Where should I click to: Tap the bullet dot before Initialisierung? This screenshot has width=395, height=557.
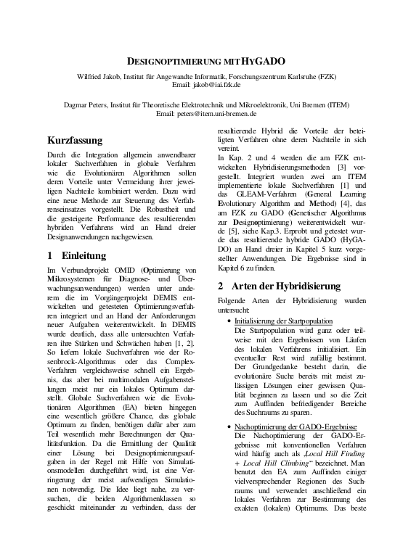point(230,321)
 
